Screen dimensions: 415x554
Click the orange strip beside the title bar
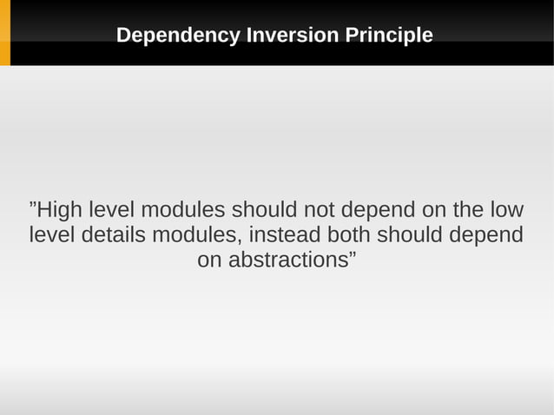pyautogui.click(x=4, y=33)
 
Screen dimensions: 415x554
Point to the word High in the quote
pyautogui.click(x=57, y=211)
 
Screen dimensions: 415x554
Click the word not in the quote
pyautogui.click(x=319, y=211)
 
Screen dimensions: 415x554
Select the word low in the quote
pyautogui.click(x=506, y=211)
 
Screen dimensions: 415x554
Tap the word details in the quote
pyautogui.click(x=110, y=235)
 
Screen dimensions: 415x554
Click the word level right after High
pyautogui.click(x=109, y=211)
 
